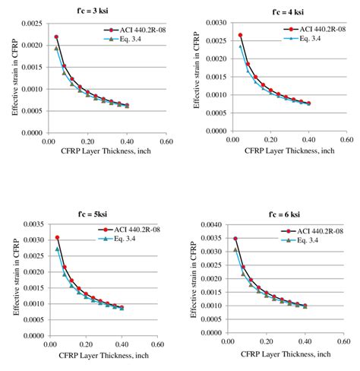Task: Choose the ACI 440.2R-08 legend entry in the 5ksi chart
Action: [x=133, y=230]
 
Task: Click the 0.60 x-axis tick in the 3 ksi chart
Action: [x=166, y=141]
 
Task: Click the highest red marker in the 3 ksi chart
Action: [x=56, y=36]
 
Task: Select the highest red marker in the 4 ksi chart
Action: [x=241, y=35]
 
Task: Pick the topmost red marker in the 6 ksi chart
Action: [x=235, y=239]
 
